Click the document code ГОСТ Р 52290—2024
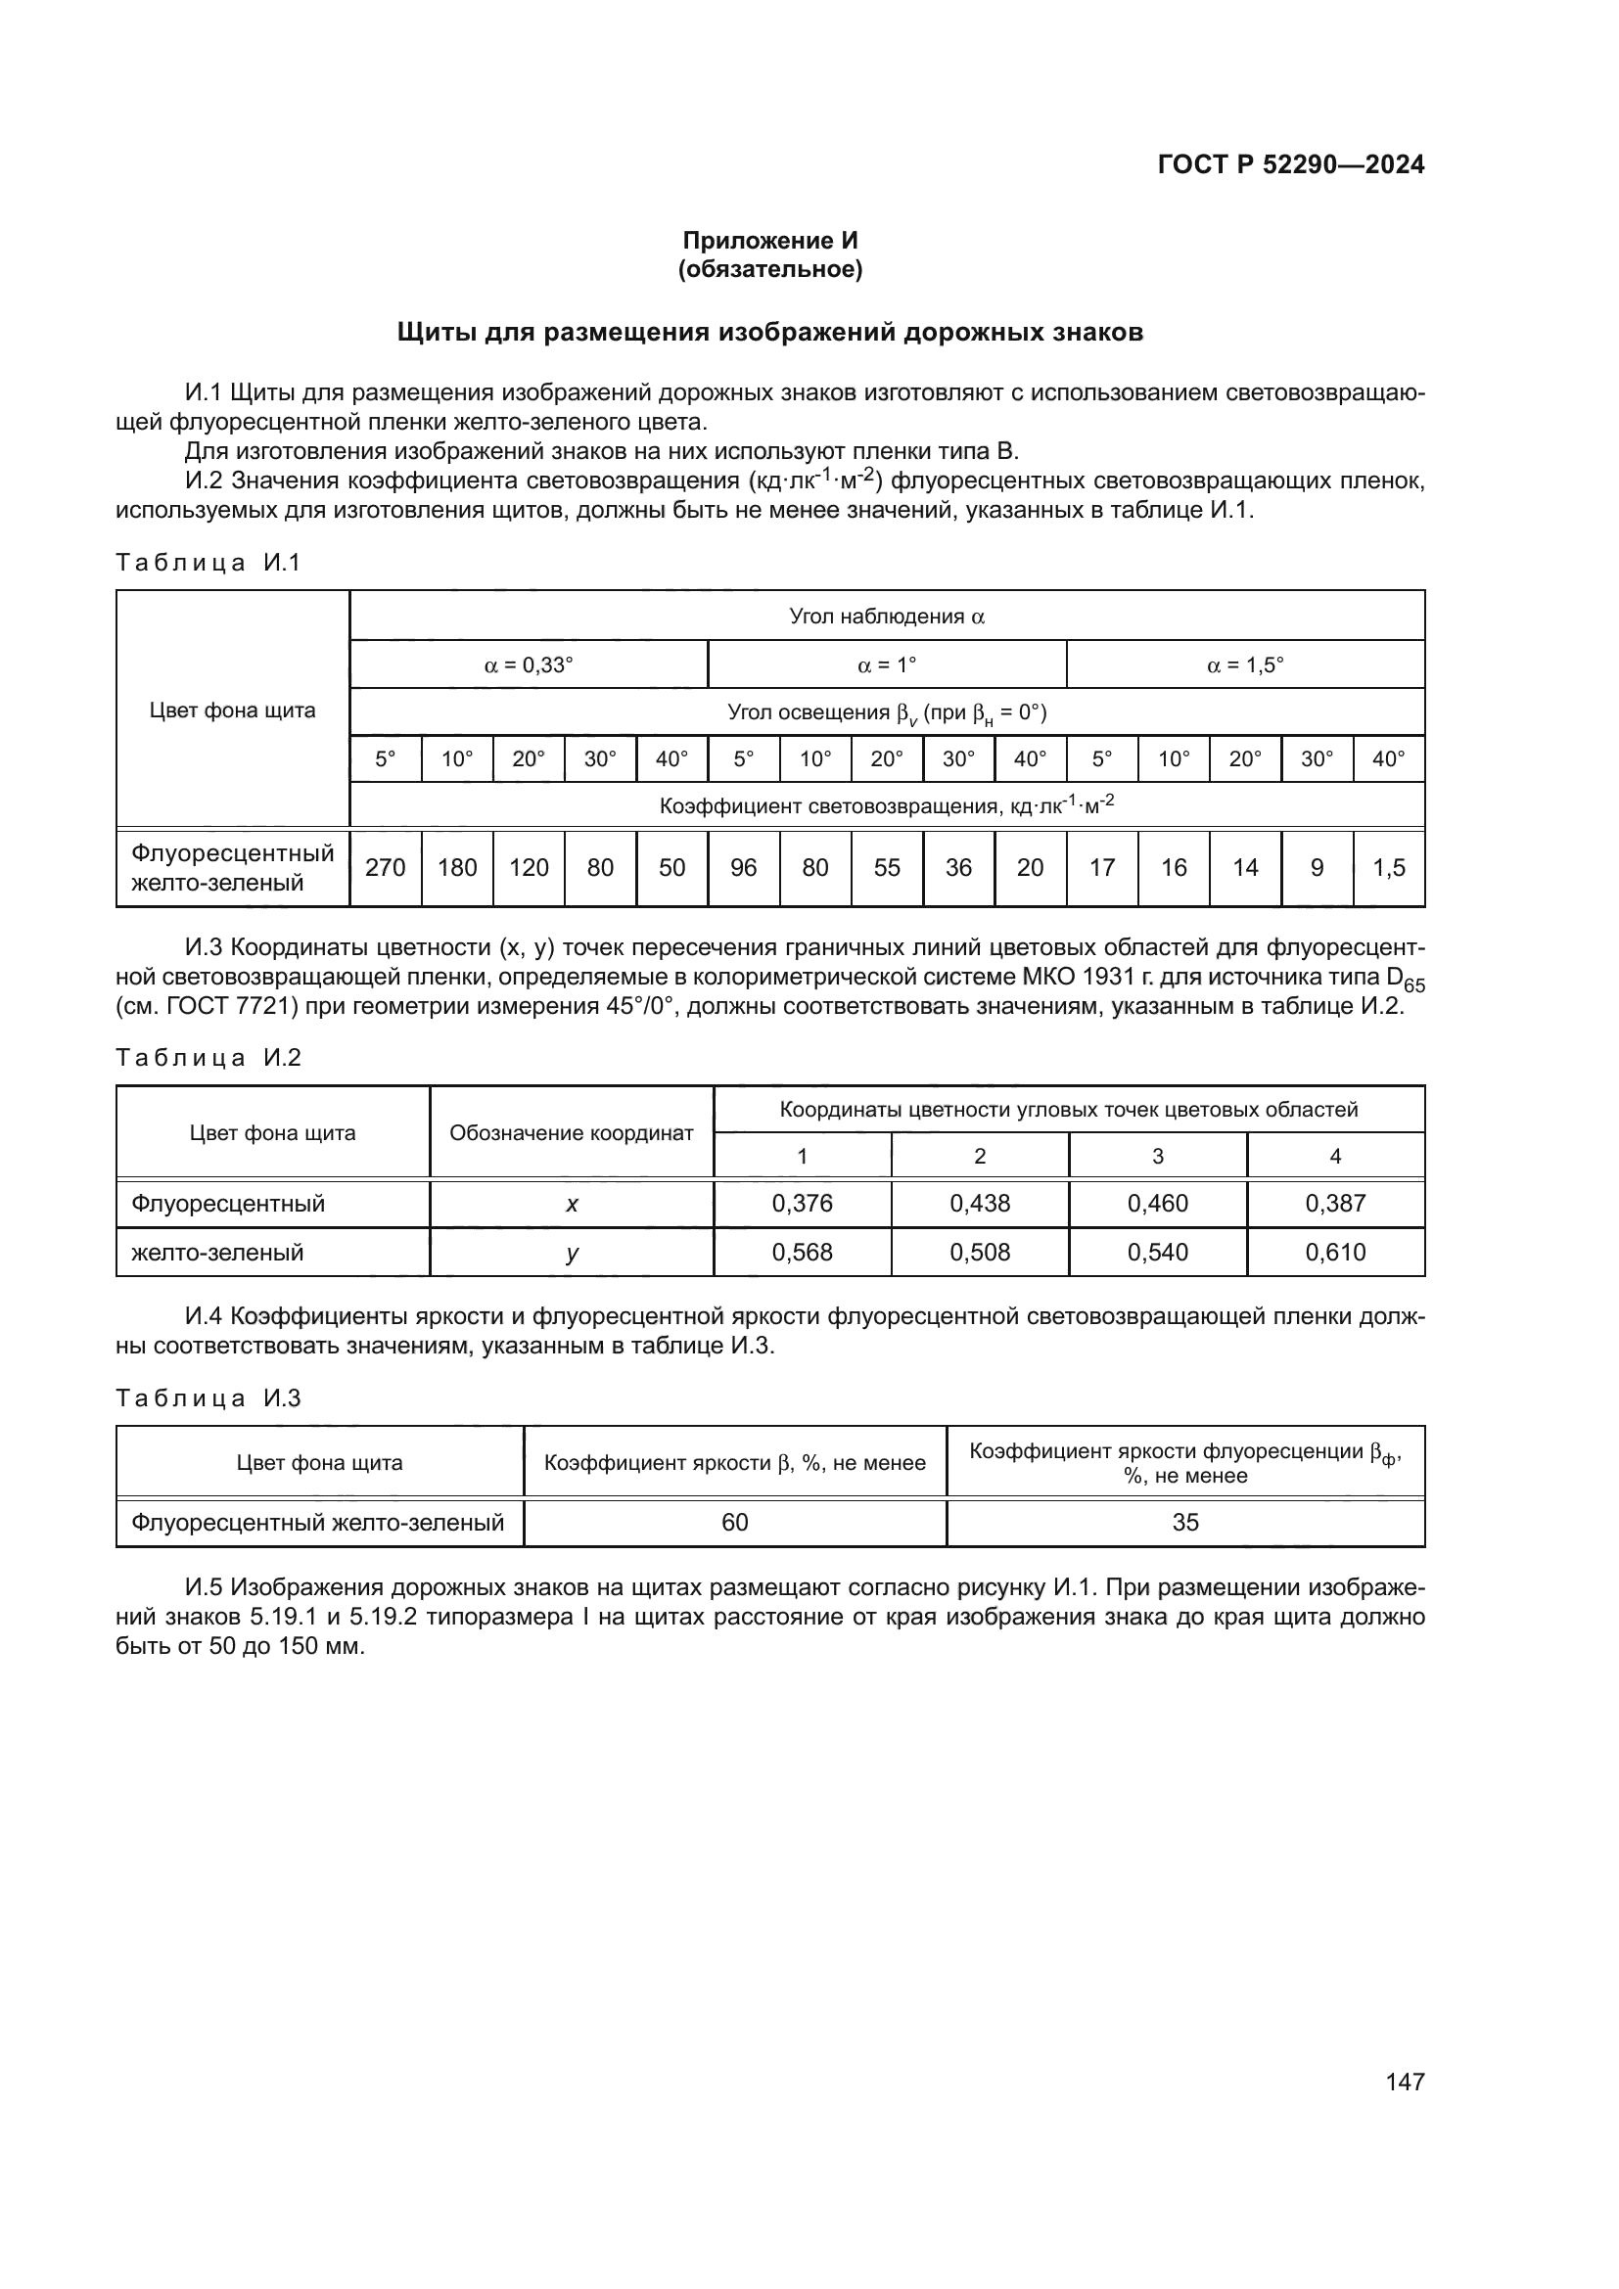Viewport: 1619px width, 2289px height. click(1290, 164)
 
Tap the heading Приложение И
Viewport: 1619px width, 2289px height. click(769, 241)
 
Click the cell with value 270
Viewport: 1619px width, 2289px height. click(385, 867)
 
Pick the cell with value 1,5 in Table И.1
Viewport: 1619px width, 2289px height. click(1389, 867)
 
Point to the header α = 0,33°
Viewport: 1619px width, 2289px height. click(529, 664)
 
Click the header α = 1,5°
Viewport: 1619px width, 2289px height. click(1245, 664)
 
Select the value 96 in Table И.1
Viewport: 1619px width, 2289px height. click(744, 867)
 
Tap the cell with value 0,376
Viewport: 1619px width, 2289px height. click(802, 1204)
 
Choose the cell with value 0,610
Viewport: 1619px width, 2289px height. click(1335, 1253)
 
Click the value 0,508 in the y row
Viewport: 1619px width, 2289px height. click(979, 1253)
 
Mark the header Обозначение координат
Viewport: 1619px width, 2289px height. click(572, 1133)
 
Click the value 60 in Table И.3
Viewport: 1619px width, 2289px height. click(735, 1523)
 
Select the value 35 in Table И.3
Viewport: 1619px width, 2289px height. click(1185, 1523)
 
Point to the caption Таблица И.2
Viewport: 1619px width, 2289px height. click(208, 1058)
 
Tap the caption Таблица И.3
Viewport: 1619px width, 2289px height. click(208, 1397)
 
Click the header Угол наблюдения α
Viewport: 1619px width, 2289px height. click(886, 617)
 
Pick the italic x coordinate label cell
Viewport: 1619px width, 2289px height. click(572, 1205)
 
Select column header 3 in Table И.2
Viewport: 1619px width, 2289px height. click(1157, 1157)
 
